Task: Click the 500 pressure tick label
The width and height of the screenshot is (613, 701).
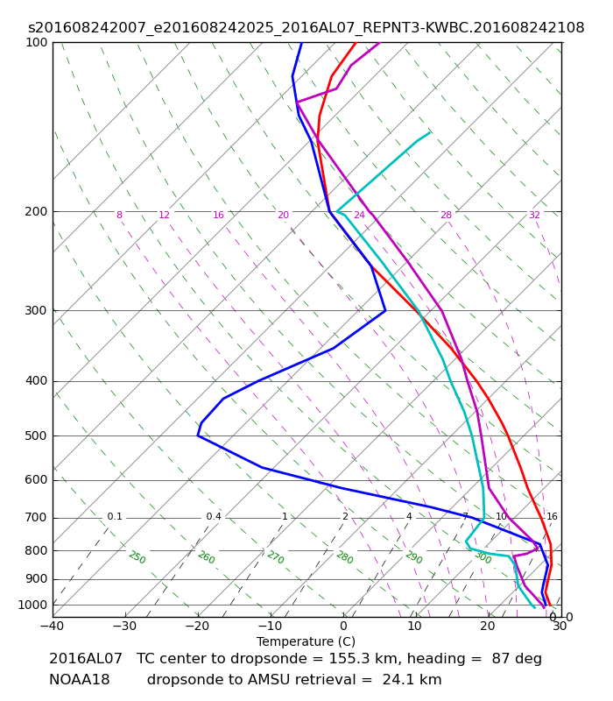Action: click(x=36, y=435)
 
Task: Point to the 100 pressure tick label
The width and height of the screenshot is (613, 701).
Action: click(x=36, y=42)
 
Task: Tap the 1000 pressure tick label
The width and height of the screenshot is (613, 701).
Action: click(x=32, y=605)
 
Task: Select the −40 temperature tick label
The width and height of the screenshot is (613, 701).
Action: click(x=53, y=627)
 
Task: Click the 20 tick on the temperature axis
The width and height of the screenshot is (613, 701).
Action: click(x=488, y=627)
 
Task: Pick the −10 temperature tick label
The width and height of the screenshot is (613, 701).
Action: click(x=271, y=627)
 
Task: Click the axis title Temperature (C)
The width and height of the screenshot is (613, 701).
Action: click(x=306, y=642)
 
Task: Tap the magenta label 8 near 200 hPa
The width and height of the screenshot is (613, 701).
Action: click(x=119, y=215)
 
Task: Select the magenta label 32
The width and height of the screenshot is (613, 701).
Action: click(x=534, y=215)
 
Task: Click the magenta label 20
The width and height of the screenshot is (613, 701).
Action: click(x=283, y=215)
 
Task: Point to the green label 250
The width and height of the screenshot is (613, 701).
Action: click(x=137, y=558)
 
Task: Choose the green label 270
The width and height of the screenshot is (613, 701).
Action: click(x=276, y=558)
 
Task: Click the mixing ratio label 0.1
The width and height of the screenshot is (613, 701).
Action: click(x=115, y=517)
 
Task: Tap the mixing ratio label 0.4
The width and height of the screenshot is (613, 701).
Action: click(x=214, y=517)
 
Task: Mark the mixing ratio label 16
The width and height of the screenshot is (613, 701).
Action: click(x=552, y=517)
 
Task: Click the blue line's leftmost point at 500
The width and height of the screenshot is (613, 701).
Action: click(x=198, y=435)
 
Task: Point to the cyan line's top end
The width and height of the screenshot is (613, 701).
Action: click(x=430, y=132)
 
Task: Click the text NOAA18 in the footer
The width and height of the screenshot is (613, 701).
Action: click(x=79, y=680)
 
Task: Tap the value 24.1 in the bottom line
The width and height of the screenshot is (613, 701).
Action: click(x=396, y=680)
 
